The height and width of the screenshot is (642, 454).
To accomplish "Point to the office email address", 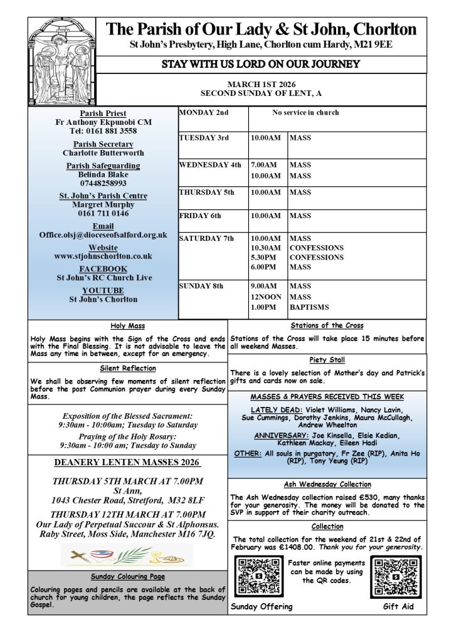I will (103, 234).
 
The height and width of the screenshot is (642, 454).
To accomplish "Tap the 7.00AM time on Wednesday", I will (263, 165).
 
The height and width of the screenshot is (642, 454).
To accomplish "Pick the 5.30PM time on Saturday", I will (263, 257).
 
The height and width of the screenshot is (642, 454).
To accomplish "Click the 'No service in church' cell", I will (305, 113).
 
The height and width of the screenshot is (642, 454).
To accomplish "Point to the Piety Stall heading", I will (327, 360).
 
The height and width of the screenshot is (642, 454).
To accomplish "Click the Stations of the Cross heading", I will (327, 325).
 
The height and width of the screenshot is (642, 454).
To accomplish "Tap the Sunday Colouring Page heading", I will (127, 576).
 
